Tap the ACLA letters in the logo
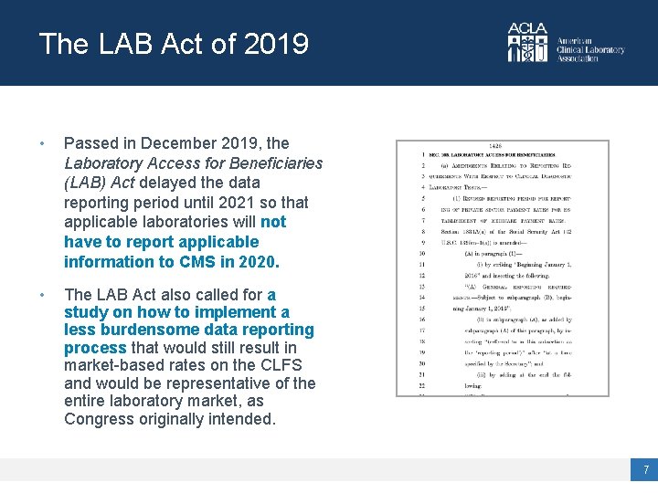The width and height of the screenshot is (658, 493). tap(527, 29)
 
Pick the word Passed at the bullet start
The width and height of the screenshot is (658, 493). tap(90, 143)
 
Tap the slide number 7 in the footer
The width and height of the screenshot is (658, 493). tap(645, 470)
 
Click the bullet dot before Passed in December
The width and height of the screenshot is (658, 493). tap(42, 144)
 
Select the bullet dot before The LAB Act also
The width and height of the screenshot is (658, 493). tap(42, 296)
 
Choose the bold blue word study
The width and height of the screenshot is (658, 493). tap(86, 312)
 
